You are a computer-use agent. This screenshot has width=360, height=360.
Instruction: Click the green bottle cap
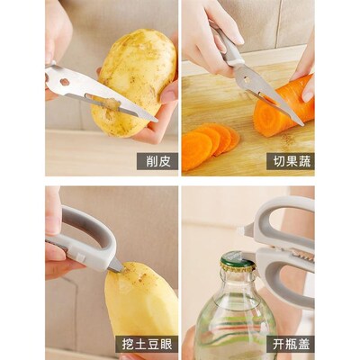238,261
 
